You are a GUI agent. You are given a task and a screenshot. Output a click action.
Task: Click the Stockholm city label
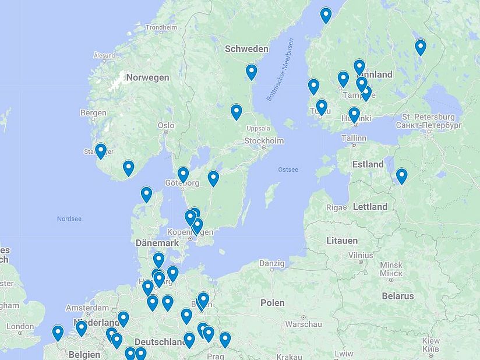pyautogui.click(x=264, y=141)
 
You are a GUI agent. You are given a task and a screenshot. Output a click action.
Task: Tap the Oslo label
pyautogui.click(x=166, y=125)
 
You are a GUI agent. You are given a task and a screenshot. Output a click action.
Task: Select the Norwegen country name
pyautogui.click(x=147, y=77)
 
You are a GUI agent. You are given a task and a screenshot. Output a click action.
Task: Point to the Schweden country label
pyautogui.click(x=246, y=49)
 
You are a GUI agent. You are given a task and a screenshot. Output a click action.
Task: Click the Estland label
pyautogui.click(x=368, y=164)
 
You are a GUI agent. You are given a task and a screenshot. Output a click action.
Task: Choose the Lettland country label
pyautogui.click(x=370, y=207)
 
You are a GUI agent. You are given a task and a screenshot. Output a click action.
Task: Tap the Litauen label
pyautogui.click(x=342, y=241)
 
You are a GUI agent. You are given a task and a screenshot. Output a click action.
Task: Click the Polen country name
pyautogui.click(x=272, y=303)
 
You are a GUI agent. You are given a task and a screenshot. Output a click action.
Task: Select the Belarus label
pyautogui.click(x=398, y=296)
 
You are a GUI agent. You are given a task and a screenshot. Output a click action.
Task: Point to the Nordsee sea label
pyautogui.click(x=69, y=219)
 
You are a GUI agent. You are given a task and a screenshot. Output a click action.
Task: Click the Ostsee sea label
pyautogui.click(x=288, y=170)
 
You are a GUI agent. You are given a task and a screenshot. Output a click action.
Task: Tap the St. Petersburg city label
pyautogui.click(x=429, y=117)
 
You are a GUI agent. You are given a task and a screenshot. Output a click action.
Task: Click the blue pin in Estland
pyautogui.click(x=401, y=175)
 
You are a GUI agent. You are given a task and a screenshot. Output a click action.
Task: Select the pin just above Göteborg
pyautogui.click(x=183, y=174)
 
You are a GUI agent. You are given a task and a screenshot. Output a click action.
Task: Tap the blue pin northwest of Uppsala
pyautogui.click(x=236, y=111)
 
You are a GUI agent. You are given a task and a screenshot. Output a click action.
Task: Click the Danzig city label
pyautogui.click(x=272, y=263)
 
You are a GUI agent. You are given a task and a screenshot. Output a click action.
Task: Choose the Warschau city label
pyautogui.click(x=303, y=324)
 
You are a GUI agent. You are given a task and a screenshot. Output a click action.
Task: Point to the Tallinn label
pyautogui.click(x=354, y=138)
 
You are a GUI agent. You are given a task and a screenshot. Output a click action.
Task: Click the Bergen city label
pyautogui.click(x=93, y=112)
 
